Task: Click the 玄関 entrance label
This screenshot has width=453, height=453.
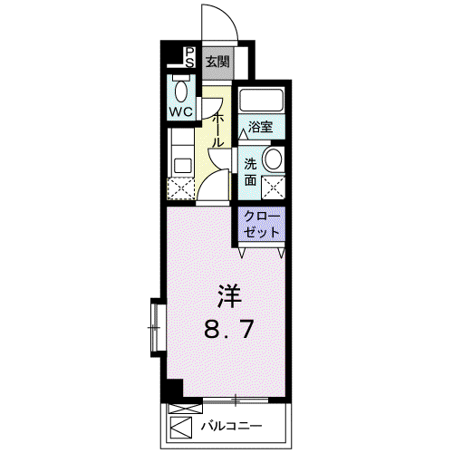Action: point(217,63)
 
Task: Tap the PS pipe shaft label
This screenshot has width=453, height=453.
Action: point(189,57)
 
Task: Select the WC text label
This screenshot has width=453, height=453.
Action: point(180,112)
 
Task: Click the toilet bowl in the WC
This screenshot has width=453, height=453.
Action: point(181,91)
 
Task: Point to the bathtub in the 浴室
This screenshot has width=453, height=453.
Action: point(262,99)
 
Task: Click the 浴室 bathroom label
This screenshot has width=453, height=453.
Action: point(260,127)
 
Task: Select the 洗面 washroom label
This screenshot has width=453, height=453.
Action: point(250,172)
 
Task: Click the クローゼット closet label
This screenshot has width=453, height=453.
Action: point(262,224)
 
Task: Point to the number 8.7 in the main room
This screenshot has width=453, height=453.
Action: point(228,329)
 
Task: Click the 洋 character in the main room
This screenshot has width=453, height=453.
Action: point(230,296)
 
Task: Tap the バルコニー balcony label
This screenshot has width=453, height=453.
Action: point(232,426)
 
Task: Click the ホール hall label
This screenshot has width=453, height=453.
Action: point(218,130)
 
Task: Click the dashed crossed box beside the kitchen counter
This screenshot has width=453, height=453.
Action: point(181,188)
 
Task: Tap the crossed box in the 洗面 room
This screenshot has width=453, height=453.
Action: point(274,188)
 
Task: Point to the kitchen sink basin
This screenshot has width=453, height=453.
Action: point(183,166)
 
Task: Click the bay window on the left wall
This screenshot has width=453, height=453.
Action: point(159,328)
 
